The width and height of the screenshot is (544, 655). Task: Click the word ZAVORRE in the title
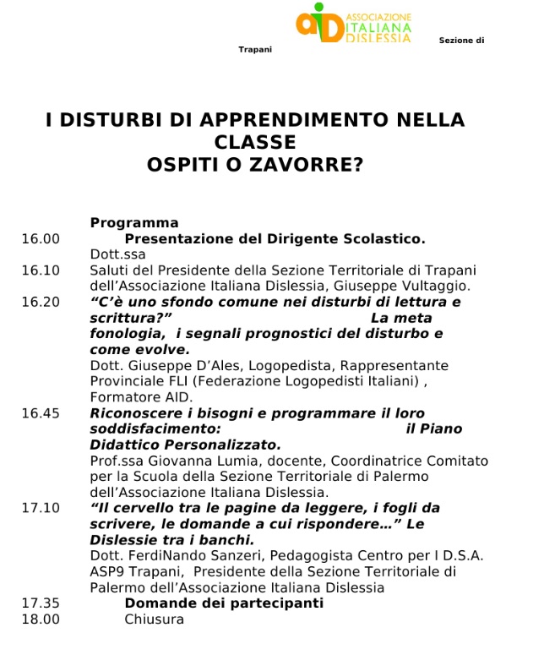[x=313, y=165]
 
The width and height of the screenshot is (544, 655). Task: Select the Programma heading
[x=134, y=223]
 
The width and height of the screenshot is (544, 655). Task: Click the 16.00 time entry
[x=41, y=239]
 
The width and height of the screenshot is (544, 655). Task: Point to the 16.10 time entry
[x=41, y=270]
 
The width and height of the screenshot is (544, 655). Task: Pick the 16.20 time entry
[x=41, y=302]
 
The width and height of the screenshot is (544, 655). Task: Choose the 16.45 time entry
[x=41, y=413]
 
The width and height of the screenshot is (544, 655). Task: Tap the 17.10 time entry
[x=41, y=508]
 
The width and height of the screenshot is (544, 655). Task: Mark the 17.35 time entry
[x=41, y=603]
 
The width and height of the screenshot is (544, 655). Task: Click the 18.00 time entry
[x=41, y=620]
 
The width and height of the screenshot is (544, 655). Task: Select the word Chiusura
[x=155, y=620]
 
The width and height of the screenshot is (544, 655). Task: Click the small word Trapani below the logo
[x=255, y=50]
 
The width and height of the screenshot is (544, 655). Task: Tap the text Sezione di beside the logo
[x=461, y=41]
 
